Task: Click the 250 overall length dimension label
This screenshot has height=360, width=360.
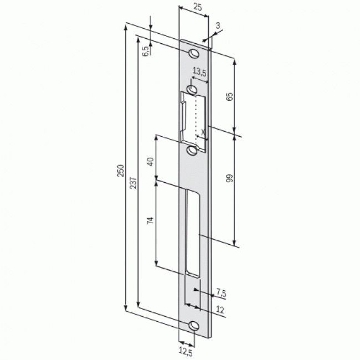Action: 121,171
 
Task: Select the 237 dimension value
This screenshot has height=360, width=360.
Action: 133,183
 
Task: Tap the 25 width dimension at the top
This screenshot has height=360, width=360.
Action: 198,7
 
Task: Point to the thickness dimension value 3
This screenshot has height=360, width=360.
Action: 218,25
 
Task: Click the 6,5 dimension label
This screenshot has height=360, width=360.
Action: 145,51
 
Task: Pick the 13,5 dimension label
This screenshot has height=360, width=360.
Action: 199,72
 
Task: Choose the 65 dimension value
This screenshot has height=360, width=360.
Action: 229,96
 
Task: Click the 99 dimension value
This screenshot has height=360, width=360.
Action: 229,178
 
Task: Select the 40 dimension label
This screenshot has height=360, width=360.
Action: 150,162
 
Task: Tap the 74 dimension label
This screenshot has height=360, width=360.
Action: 150,220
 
